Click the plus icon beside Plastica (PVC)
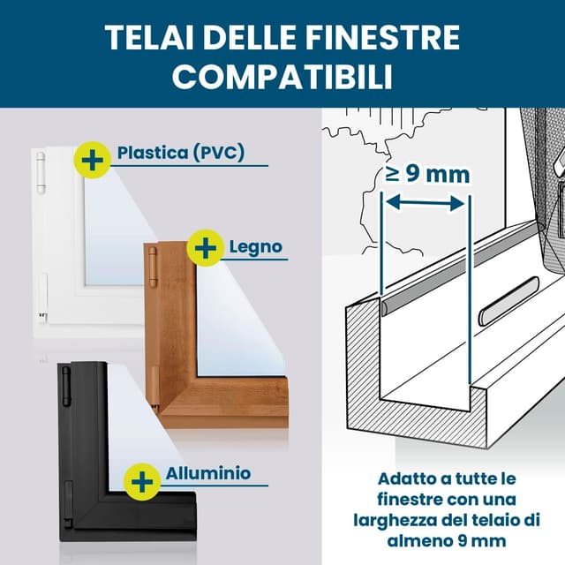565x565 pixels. [91, 159]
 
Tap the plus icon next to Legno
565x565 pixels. [207, 248]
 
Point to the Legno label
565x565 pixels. [256, 246]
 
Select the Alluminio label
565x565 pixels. [207, 473]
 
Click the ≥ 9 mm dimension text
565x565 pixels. [426, 173]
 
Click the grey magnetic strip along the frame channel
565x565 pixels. [459, 266]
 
